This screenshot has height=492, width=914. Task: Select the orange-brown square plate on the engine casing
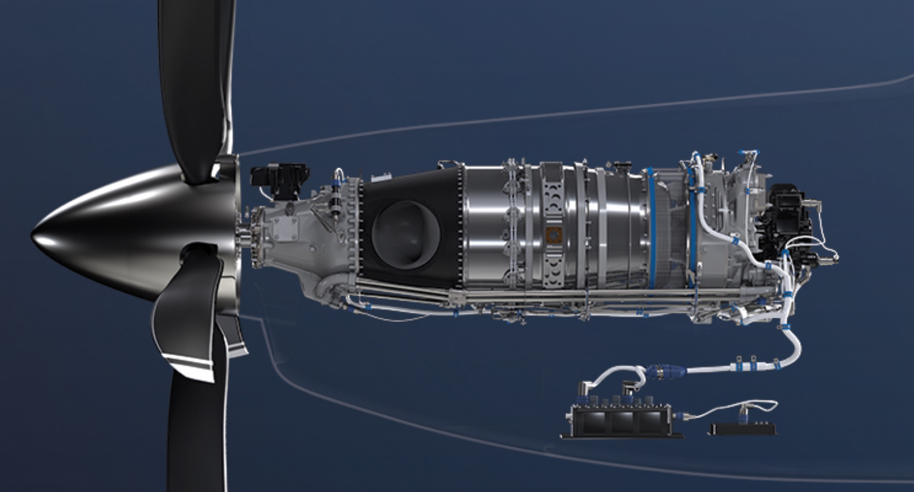[x=554, y=235]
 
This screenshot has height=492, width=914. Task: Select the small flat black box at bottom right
[x=742, y=429]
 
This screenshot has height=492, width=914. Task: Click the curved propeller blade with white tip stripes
[x=188, y=314]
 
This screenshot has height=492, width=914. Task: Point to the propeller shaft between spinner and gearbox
[x=244, y=237]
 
